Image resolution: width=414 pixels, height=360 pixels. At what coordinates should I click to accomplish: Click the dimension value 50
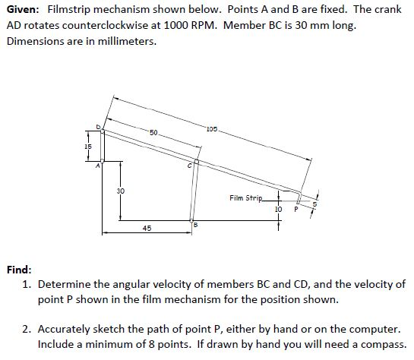click(x=153, y=133)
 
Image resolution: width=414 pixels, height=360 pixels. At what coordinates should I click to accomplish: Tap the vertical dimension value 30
click(x=120, y=190)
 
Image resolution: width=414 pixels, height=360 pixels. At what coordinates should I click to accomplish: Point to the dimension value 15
click(x=88, y=146)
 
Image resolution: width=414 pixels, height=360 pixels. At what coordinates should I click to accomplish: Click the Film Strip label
click(x=245, y=198)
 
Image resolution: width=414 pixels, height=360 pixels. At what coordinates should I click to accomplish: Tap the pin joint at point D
click(x=103, y=131)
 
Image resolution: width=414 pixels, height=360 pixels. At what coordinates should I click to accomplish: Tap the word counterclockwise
click(x=106, y=25)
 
